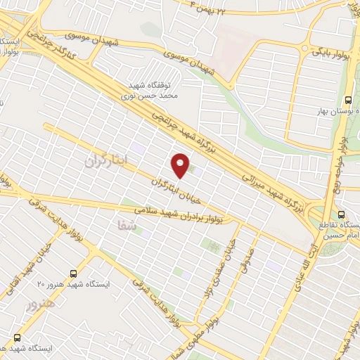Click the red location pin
pos(181,165)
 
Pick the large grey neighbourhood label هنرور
pos(39,304)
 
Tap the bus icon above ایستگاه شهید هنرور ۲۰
pos(73,274)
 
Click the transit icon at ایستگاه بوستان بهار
pos(348,100)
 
